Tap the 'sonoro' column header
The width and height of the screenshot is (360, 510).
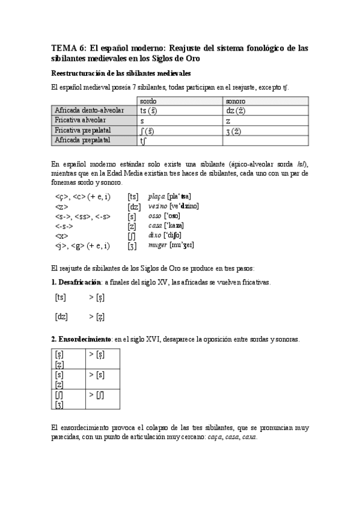tap(236, 102)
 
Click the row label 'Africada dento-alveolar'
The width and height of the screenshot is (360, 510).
tap(89, 111)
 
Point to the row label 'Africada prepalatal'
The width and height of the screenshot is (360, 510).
tap(82, 140)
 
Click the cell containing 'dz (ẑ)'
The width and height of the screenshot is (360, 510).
tap(233, 111)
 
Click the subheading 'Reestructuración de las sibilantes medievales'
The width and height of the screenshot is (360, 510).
tap(121, 73)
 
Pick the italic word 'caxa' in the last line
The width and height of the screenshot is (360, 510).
tap(249, 437)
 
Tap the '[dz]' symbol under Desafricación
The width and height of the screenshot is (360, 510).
tap(61, 316)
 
